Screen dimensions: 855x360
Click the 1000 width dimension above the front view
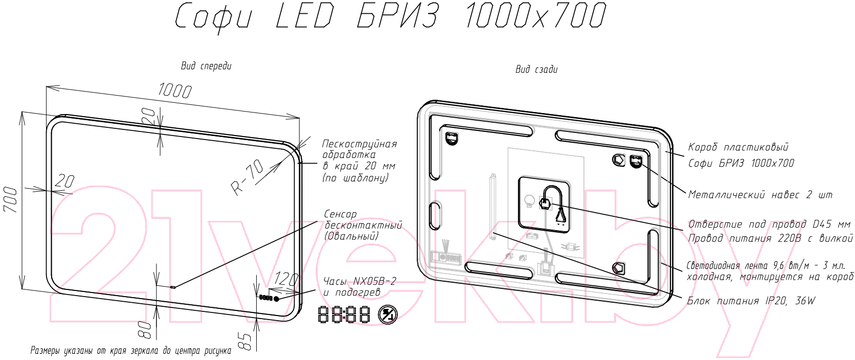click(174, 91)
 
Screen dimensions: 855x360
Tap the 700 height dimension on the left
click(10, 199)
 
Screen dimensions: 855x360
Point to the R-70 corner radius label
click(247, 177)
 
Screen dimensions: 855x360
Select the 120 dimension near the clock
click(286, 279)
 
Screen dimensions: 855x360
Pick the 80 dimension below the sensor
click(145, 330)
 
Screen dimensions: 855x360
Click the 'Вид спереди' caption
click(206, 66)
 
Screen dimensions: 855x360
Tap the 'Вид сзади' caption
click(536, 69)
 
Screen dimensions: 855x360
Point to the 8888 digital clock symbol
click(344, 314)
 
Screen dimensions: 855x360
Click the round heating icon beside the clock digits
click(388, 315)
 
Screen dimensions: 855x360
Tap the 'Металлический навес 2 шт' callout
click(760, 195)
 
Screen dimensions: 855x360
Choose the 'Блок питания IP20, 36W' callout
click(751, 301)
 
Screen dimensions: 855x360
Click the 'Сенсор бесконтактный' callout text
click(363, 219)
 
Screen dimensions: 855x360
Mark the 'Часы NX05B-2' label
click(359, 282)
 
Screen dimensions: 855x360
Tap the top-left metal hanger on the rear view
click(452, 138)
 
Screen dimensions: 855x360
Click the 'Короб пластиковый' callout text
click(738, 147)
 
